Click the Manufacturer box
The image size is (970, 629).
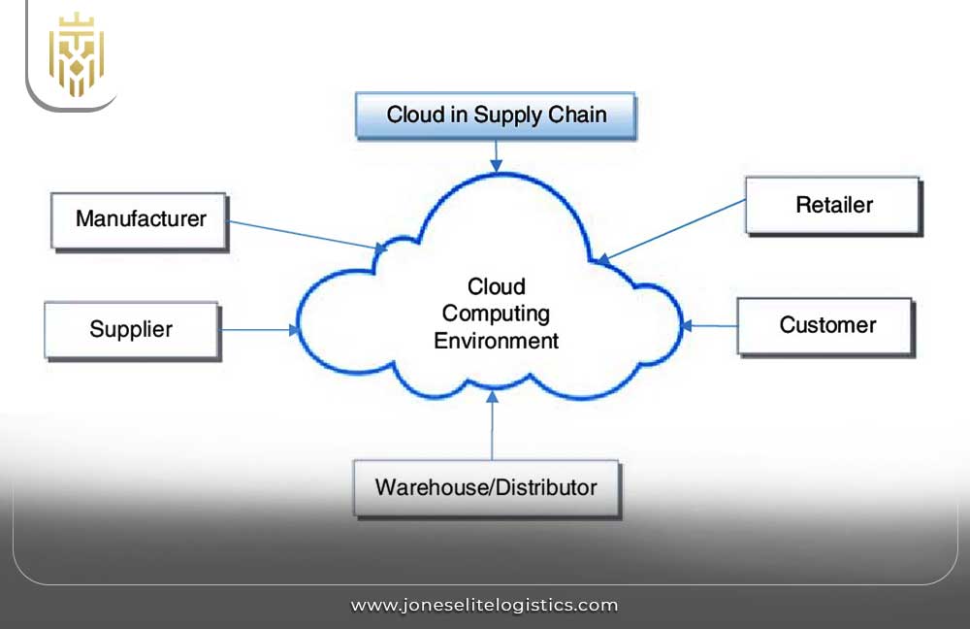[x=141, y=219]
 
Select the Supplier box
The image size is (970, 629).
[x=132, y=329]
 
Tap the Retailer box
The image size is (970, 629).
[x=833, y=205]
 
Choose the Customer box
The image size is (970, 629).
[x=826, y=325]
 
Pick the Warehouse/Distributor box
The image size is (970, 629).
[x=485, y=486]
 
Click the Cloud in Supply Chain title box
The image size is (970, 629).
[x=496, y=115]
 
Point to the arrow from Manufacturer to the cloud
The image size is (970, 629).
[x=301, y=236]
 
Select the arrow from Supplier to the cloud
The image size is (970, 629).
[x=260, y=330]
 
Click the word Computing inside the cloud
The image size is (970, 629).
[x=496, y=314]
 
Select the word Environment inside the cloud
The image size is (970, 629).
[x=496, y=341]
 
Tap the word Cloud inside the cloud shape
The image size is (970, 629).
[x=496, y=286]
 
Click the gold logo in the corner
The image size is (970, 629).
[x=76, y=54]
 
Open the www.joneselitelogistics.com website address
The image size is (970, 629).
[x=484, y=605]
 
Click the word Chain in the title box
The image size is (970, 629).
[x=577, y=115]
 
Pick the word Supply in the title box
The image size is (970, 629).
[x=508, y=115]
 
